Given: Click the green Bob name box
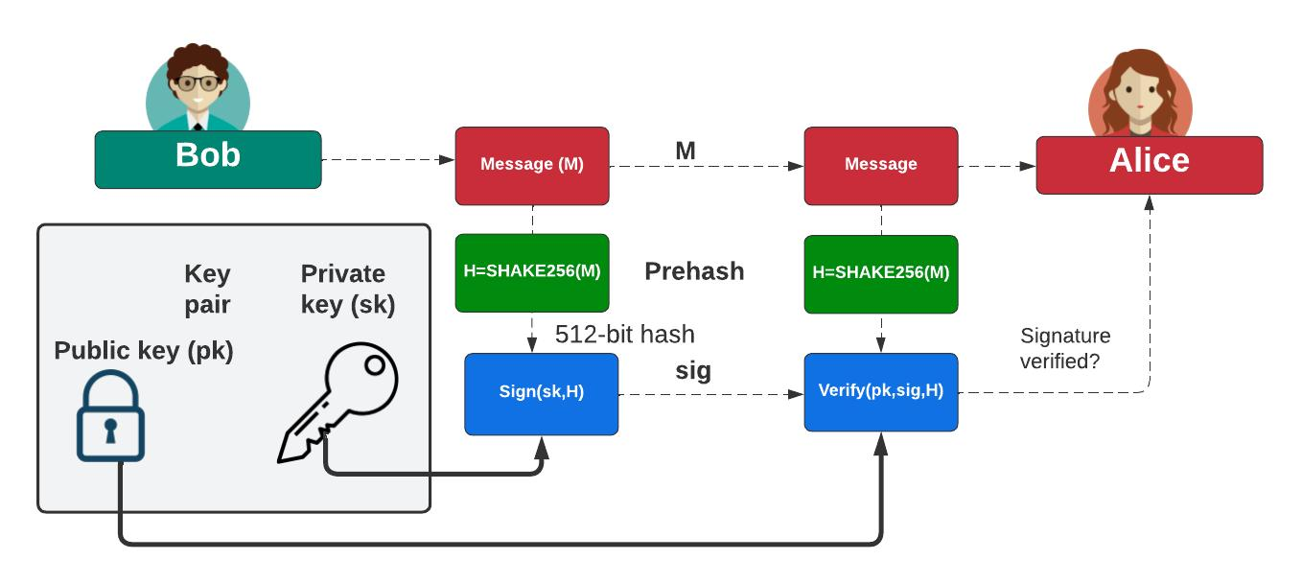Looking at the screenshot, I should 207,159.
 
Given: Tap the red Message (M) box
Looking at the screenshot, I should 531,165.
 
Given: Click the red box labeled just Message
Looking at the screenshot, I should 880,165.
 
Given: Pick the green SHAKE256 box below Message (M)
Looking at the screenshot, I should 531,272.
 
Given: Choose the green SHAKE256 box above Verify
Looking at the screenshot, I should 880,273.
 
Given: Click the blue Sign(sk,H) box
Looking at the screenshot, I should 541,393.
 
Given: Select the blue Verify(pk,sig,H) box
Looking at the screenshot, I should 880,391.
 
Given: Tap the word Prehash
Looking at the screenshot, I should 694,271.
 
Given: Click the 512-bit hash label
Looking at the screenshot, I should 624,335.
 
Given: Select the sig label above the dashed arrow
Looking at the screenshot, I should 693,372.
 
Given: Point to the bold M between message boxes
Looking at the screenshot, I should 685,151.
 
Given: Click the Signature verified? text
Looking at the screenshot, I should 1064,349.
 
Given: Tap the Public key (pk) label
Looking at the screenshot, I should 144,351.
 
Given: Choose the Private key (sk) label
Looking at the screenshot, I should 347,289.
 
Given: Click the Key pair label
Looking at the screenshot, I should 207,289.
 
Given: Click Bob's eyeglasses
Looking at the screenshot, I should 198,83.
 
